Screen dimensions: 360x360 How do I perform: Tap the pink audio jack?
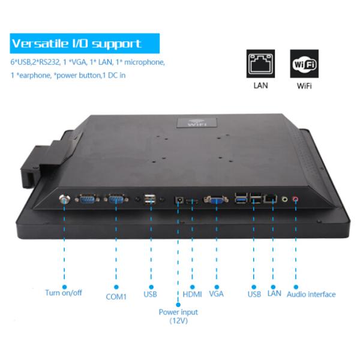tap(295, 199)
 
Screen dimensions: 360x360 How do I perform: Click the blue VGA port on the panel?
tap(215, 200)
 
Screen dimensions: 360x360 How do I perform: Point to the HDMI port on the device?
tap(193, 200)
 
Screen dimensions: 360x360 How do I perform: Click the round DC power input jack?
tap(178, 200)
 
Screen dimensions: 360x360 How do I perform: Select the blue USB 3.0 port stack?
tap(241, 198)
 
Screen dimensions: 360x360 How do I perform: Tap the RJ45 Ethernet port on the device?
tap(271, 198)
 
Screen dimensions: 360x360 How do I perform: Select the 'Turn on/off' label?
tap(64, 293)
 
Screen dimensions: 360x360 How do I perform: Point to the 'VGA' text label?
tap(217, 294)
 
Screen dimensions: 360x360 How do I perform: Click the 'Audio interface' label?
tap(311, 294)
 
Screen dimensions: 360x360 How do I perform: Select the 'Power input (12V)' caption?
tap(178, 316)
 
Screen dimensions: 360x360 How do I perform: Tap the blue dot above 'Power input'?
tap(178, 302)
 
